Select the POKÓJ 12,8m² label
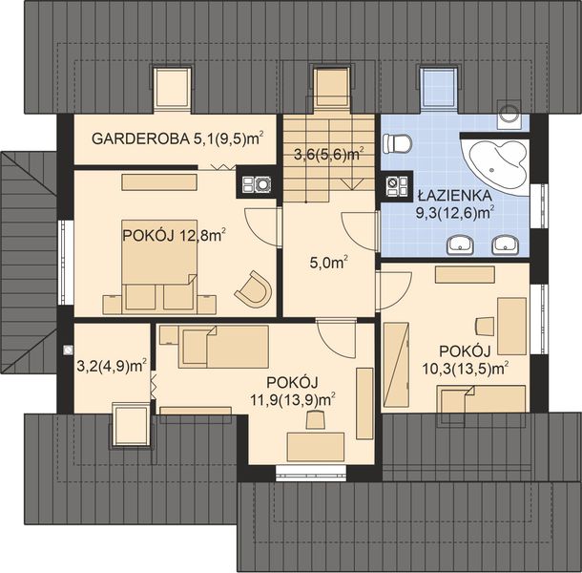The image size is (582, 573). [x=173, y=234]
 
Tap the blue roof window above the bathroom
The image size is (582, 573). [x=437, y=87]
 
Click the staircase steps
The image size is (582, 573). [x=329, y=158]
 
